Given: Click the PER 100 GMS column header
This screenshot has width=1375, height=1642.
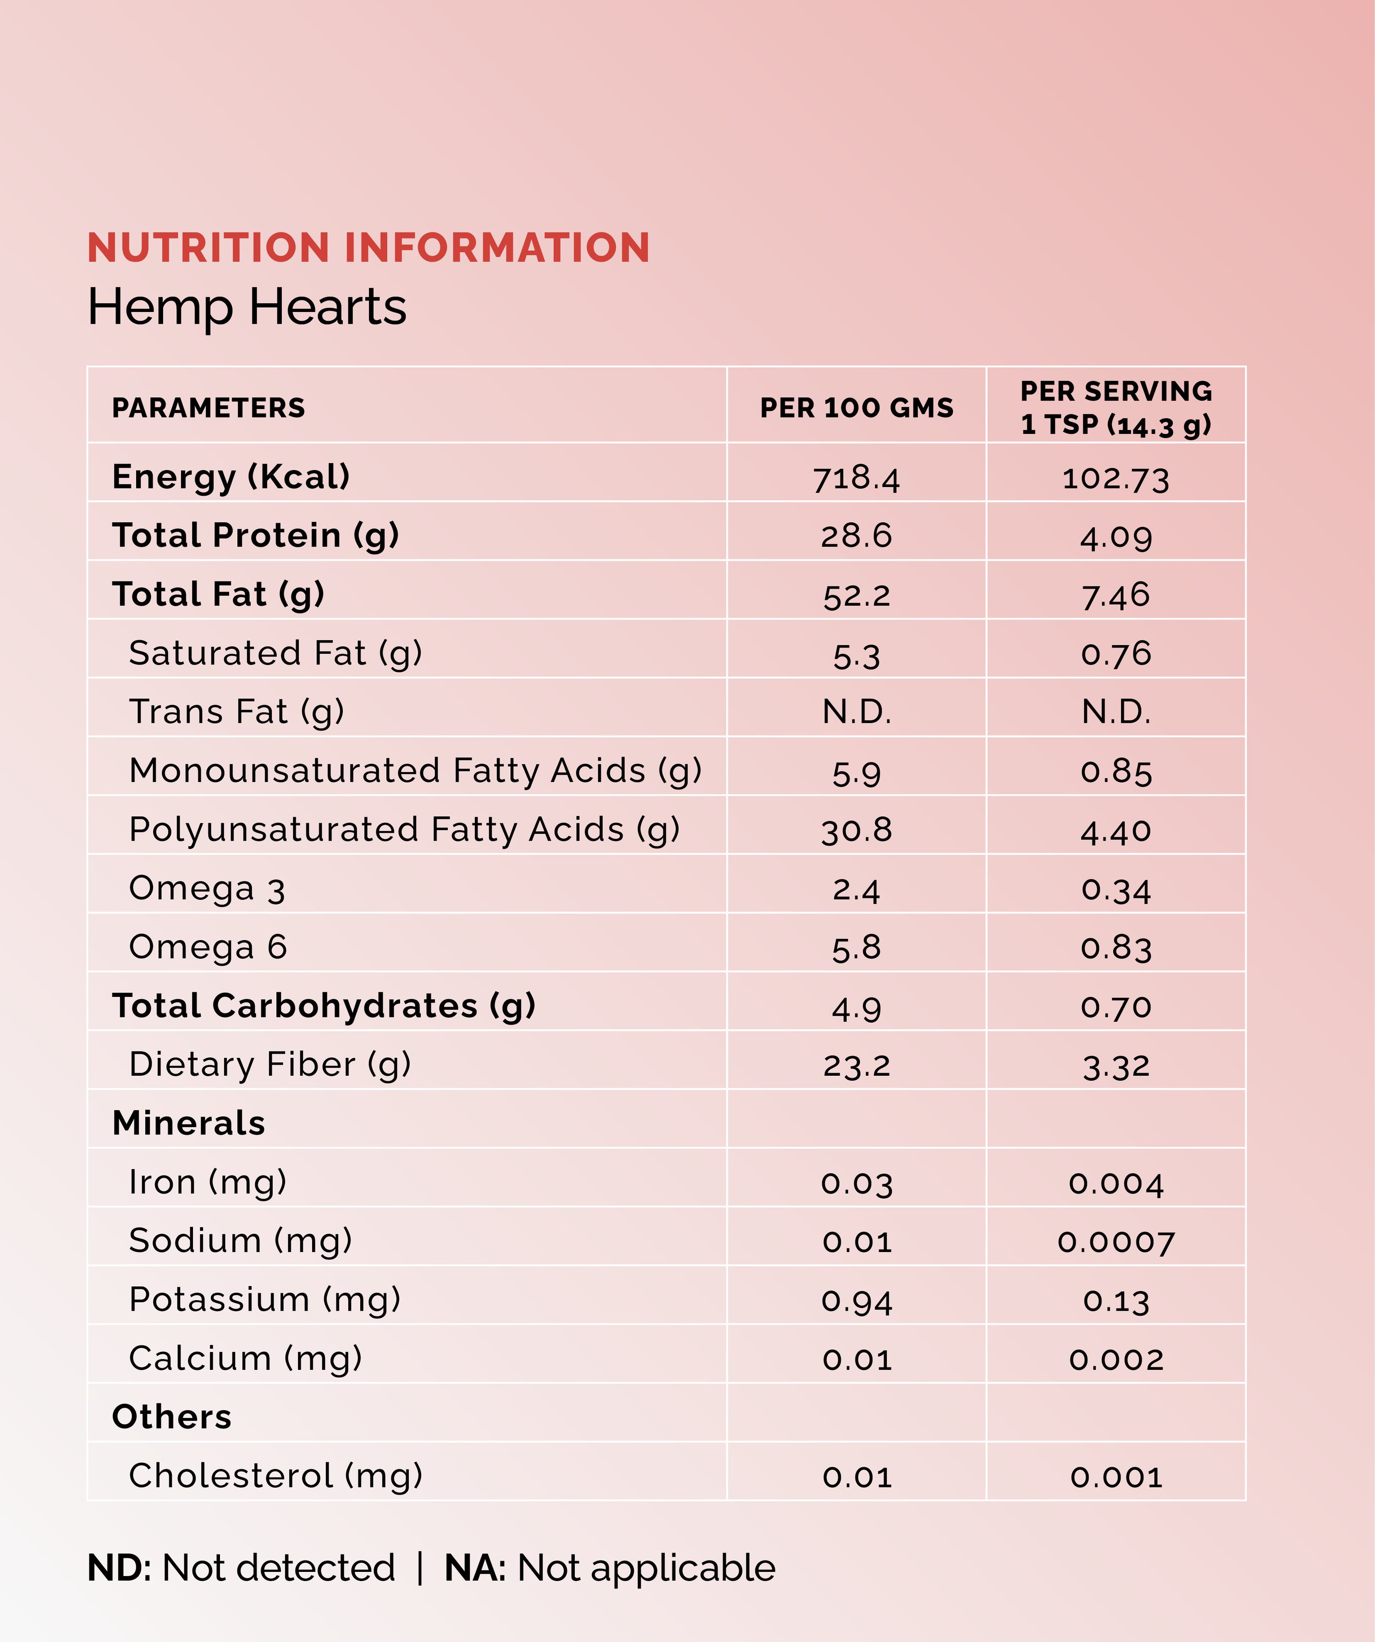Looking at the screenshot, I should pyautogui.click(x=857, y=408).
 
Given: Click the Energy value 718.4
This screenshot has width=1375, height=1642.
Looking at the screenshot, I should pyautogui.click(x=857, y=478).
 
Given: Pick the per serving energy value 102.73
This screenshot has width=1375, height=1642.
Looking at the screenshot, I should pyautogui.click(x=1116, y=478).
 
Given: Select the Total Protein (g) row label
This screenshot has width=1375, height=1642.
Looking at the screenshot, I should pyautogui.click(x=256, y=536).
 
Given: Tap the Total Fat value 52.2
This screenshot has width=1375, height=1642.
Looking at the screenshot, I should pyautogui.click(x=857, y=596).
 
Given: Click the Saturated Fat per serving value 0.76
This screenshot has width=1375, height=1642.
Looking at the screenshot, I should pyautogui.click(x=1116, y=654).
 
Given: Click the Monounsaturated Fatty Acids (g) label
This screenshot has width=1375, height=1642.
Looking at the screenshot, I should pyautogui.click(x=415, y=771).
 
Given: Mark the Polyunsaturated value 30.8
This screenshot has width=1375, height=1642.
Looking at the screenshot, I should pyautogui.click(x=857, y=830).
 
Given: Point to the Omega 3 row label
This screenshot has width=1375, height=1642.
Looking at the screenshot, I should pyautogui.click(x=207, y=889).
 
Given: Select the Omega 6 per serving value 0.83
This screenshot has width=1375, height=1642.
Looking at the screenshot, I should pyautogui.click(x=1116, y=947).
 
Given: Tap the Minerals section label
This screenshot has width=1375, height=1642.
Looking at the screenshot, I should pyautogui.click(x=188, y=1123).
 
